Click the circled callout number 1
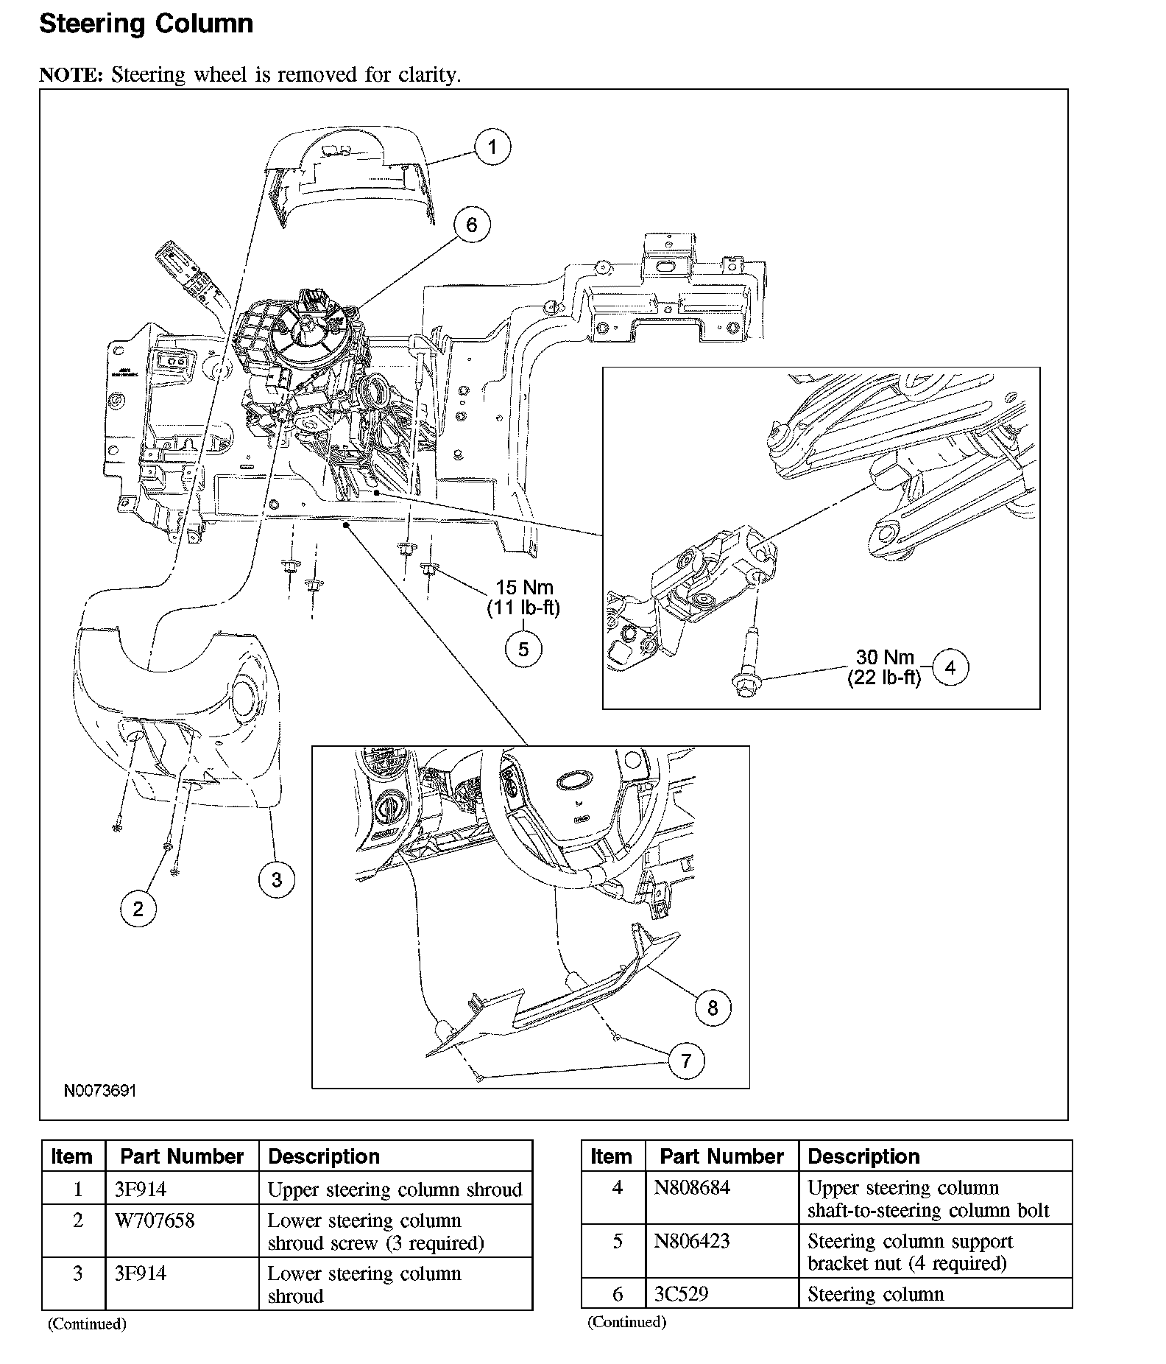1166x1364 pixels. click(492, 147)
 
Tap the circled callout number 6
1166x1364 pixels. click(472, 225)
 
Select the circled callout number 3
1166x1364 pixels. click(277, 879)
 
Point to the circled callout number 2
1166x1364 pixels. click(138, 910)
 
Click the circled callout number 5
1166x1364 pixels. click(523, 649)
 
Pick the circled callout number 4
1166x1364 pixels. click(950, 667)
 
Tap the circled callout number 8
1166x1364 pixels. click(713, 1008)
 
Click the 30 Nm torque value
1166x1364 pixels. click(884, 657)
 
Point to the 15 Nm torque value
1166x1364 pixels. click(524, 588)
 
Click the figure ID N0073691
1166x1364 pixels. click(100, 1091)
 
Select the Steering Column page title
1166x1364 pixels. click(146, 24)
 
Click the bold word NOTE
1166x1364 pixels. click(71, 75)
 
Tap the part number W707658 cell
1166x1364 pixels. click(155, 1221)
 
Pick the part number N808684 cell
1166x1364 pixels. click(692, 1188)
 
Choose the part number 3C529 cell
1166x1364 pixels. click(681, 1294)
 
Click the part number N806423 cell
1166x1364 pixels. click(692, 1241)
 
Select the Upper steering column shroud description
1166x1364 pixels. click(395, 1189)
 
